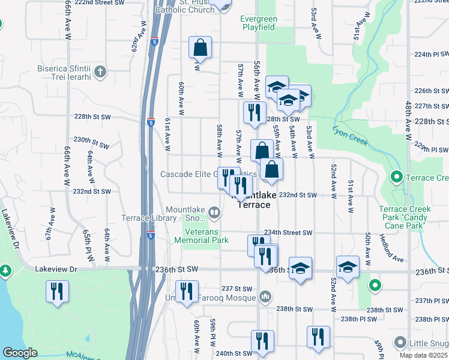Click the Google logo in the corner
click(20, 353)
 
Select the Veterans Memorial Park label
click(201, 236)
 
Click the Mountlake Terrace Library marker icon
click(215, 212)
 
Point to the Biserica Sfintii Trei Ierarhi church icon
click(100, 73)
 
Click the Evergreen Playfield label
click(258, 23)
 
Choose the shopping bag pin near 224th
click(200, 47)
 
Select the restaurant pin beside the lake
click(58, 292)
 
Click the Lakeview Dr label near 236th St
click(56, 269)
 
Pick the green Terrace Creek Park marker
click(396, 178)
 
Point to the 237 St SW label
click(234, 289)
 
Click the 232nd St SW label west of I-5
click(91, 191)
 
